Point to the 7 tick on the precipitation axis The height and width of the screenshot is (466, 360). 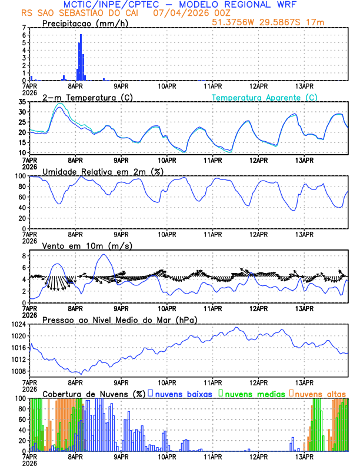tap(25, 28)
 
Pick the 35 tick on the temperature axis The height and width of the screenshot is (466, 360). tap(22, 102)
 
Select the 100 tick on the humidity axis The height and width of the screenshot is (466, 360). tap(21, 176)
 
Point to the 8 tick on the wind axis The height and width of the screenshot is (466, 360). tap(25, 256)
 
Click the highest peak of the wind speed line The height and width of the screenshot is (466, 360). tap(104, 254)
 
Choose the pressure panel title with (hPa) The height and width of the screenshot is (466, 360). tap(119, 319)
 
